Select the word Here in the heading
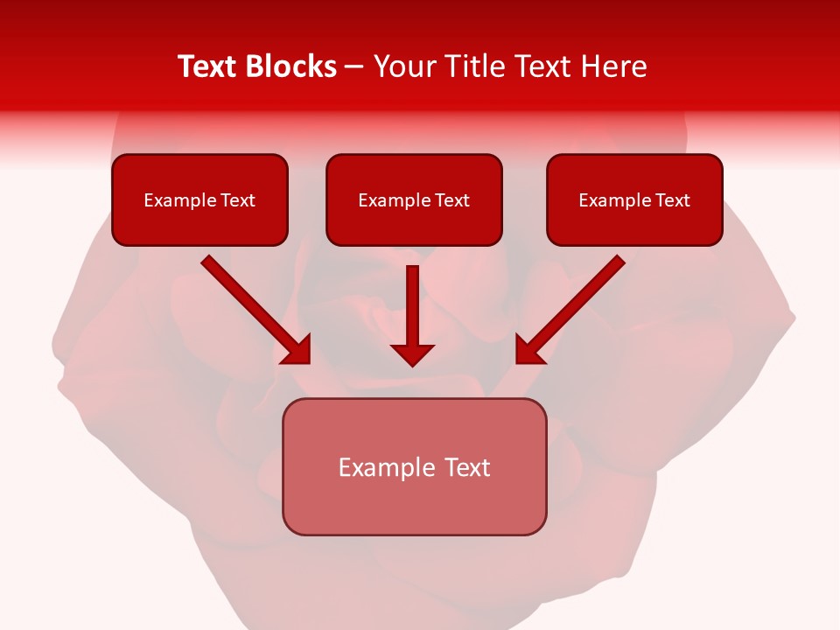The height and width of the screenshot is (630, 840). (613, 66)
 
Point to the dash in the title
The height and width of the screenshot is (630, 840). (354, 67)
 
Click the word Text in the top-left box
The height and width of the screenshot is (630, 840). (237, 200)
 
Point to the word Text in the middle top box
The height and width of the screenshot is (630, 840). (451, 200)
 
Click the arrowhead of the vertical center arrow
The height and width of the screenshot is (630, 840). (412, 354)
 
